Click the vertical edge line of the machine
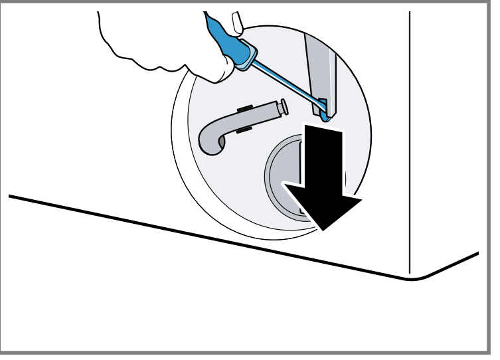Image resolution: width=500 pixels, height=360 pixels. (x=409, y=133)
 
